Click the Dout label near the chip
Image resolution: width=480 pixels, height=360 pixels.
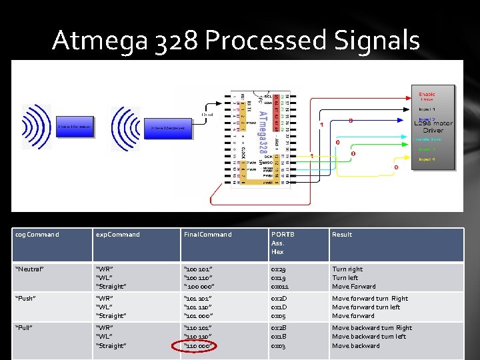tap(207, 115)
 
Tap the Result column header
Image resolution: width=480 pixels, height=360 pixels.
tap(342, 235)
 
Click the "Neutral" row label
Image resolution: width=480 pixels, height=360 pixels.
tap(30, 269)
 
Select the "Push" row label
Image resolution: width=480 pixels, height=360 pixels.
tap(26, 299)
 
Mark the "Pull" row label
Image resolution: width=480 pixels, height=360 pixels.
tap(25, 328)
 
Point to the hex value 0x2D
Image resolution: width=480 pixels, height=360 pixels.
tap(279, 299)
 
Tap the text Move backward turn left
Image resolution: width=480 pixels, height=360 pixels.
tap(368, 337)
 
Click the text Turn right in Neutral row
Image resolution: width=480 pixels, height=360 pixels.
tap(347, 269)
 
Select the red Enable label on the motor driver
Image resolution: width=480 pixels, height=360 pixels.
tap(427, 95)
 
